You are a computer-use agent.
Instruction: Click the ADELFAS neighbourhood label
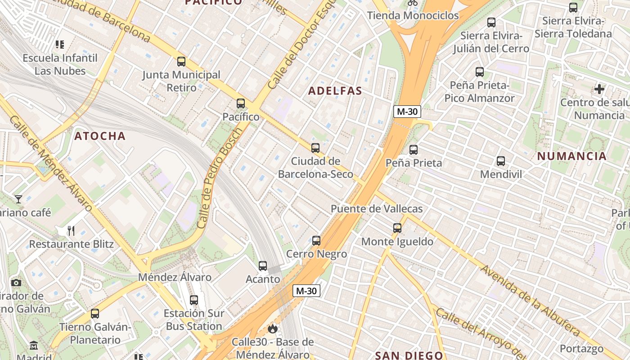(x=335, y=91)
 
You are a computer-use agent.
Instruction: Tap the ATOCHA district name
(x=100, y=136)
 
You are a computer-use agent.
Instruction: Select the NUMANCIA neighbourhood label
(x=572, y=156)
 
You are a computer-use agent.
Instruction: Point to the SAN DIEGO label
(x=409, y=355)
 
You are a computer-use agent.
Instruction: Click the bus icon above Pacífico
(x=241, y=103)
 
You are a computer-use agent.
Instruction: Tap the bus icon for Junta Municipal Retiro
(x=181, y=62)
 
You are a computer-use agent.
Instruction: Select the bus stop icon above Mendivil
(x=501, y=161)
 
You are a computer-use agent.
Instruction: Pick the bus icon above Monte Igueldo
(x=397, y=228)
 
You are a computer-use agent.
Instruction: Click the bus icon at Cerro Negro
(x=316, y=241)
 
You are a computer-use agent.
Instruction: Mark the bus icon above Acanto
(x=263, y=266)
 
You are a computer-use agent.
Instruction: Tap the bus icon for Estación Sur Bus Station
(x=194, y=300)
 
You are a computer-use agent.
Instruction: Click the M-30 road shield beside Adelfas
(x=407, y=112)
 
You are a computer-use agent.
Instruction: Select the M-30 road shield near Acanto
(x=306, y=291)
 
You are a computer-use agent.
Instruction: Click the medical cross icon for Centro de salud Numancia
(x=599, y=89)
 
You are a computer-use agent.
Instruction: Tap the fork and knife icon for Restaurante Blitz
(x=71, y=231)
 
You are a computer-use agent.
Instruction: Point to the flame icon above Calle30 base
(x=272, y=328)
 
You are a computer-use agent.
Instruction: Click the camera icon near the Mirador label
(x=16, y=283)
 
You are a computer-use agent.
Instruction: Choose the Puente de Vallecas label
(x=377, y=209)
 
